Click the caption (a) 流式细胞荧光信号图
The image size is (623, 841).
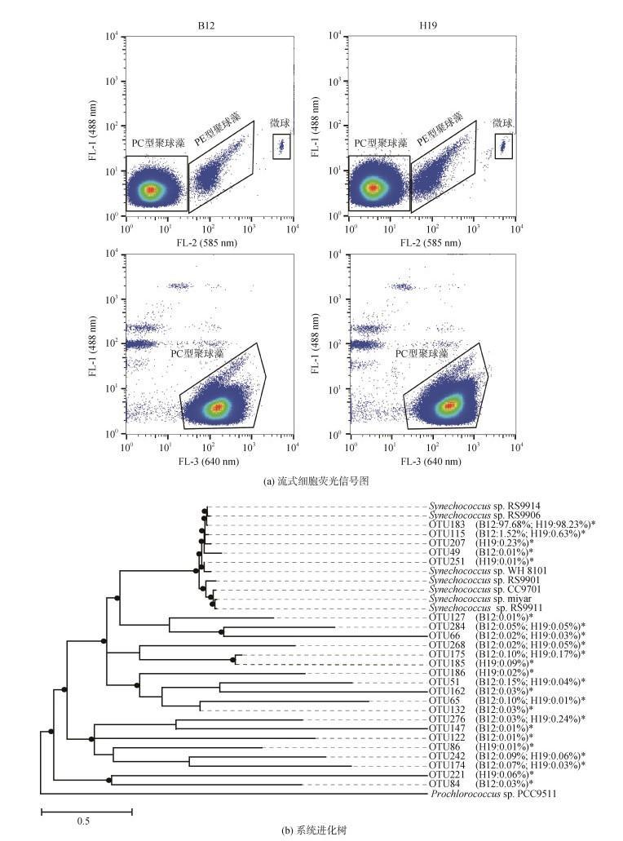point(311,481)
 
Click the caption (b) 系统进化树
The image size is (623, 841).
point(311,831)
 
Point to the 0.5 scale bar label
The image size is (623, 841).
point(83,821)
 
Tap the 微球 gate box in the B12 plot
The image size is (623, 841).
point(281,146)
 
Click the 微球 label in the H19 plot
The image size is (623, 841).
point(502,123)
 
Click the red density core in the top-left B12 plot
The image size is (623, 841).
point(150,190)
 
